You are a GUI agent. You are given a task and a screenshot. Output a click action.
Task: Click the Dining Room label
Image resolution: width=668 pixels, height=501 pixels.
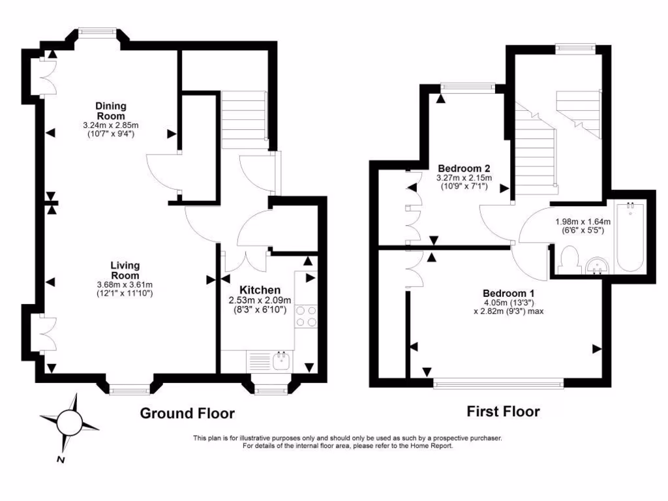click(x=111, y=111)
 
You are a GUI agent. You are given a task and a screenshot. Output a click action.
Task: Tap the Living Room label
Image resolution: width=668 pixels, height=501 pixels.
click(x=125, y=270)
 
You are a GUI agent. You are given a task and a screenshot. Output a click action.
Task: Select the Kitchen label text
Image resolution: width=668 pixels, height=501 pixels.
click(x=260, y=290)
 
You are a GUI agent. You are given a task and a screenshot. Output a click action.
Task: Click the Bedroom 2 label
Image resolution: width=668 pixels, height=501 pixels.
click(x=464, y=167)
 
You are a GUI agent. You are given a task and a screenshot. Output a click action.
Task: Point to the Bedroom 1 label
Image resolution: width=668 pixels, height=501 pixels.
click(x=508, y=293)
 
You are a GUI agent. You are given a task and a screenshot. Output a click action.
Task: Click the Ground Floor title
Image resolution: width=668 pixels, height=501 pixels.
click(x=187, y=413)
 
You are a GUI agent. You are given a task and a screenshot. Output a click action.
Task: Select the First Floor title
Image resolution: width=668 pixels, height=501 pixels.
click(x=503, y=412)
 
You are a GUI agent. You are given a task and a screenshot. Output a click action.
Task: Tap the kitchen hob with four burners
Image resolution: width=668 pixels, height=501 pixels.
click(x=307, y=316)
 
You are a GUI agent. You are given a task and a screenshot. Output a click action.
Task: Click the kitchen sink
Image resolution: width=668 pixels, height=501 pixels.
click(x=282, y=361)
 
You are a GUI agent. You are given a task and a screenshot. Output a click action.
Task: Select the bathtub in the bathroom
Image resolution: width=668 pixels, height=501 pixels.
click(x=630, y=237)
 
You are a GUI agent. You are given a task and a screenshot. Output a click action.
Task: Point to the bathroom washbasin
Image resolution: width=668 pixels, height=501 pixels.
click(x=597, y=265)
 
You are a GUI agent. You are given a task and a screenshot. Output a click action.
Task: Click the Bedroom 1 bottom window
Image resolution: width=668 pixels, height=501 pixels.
click(x=499, y=384)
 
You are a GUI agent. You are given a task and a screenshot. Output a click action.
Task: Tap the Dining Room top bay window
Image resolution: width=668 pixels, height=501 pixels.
click(x=97, y=31)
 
